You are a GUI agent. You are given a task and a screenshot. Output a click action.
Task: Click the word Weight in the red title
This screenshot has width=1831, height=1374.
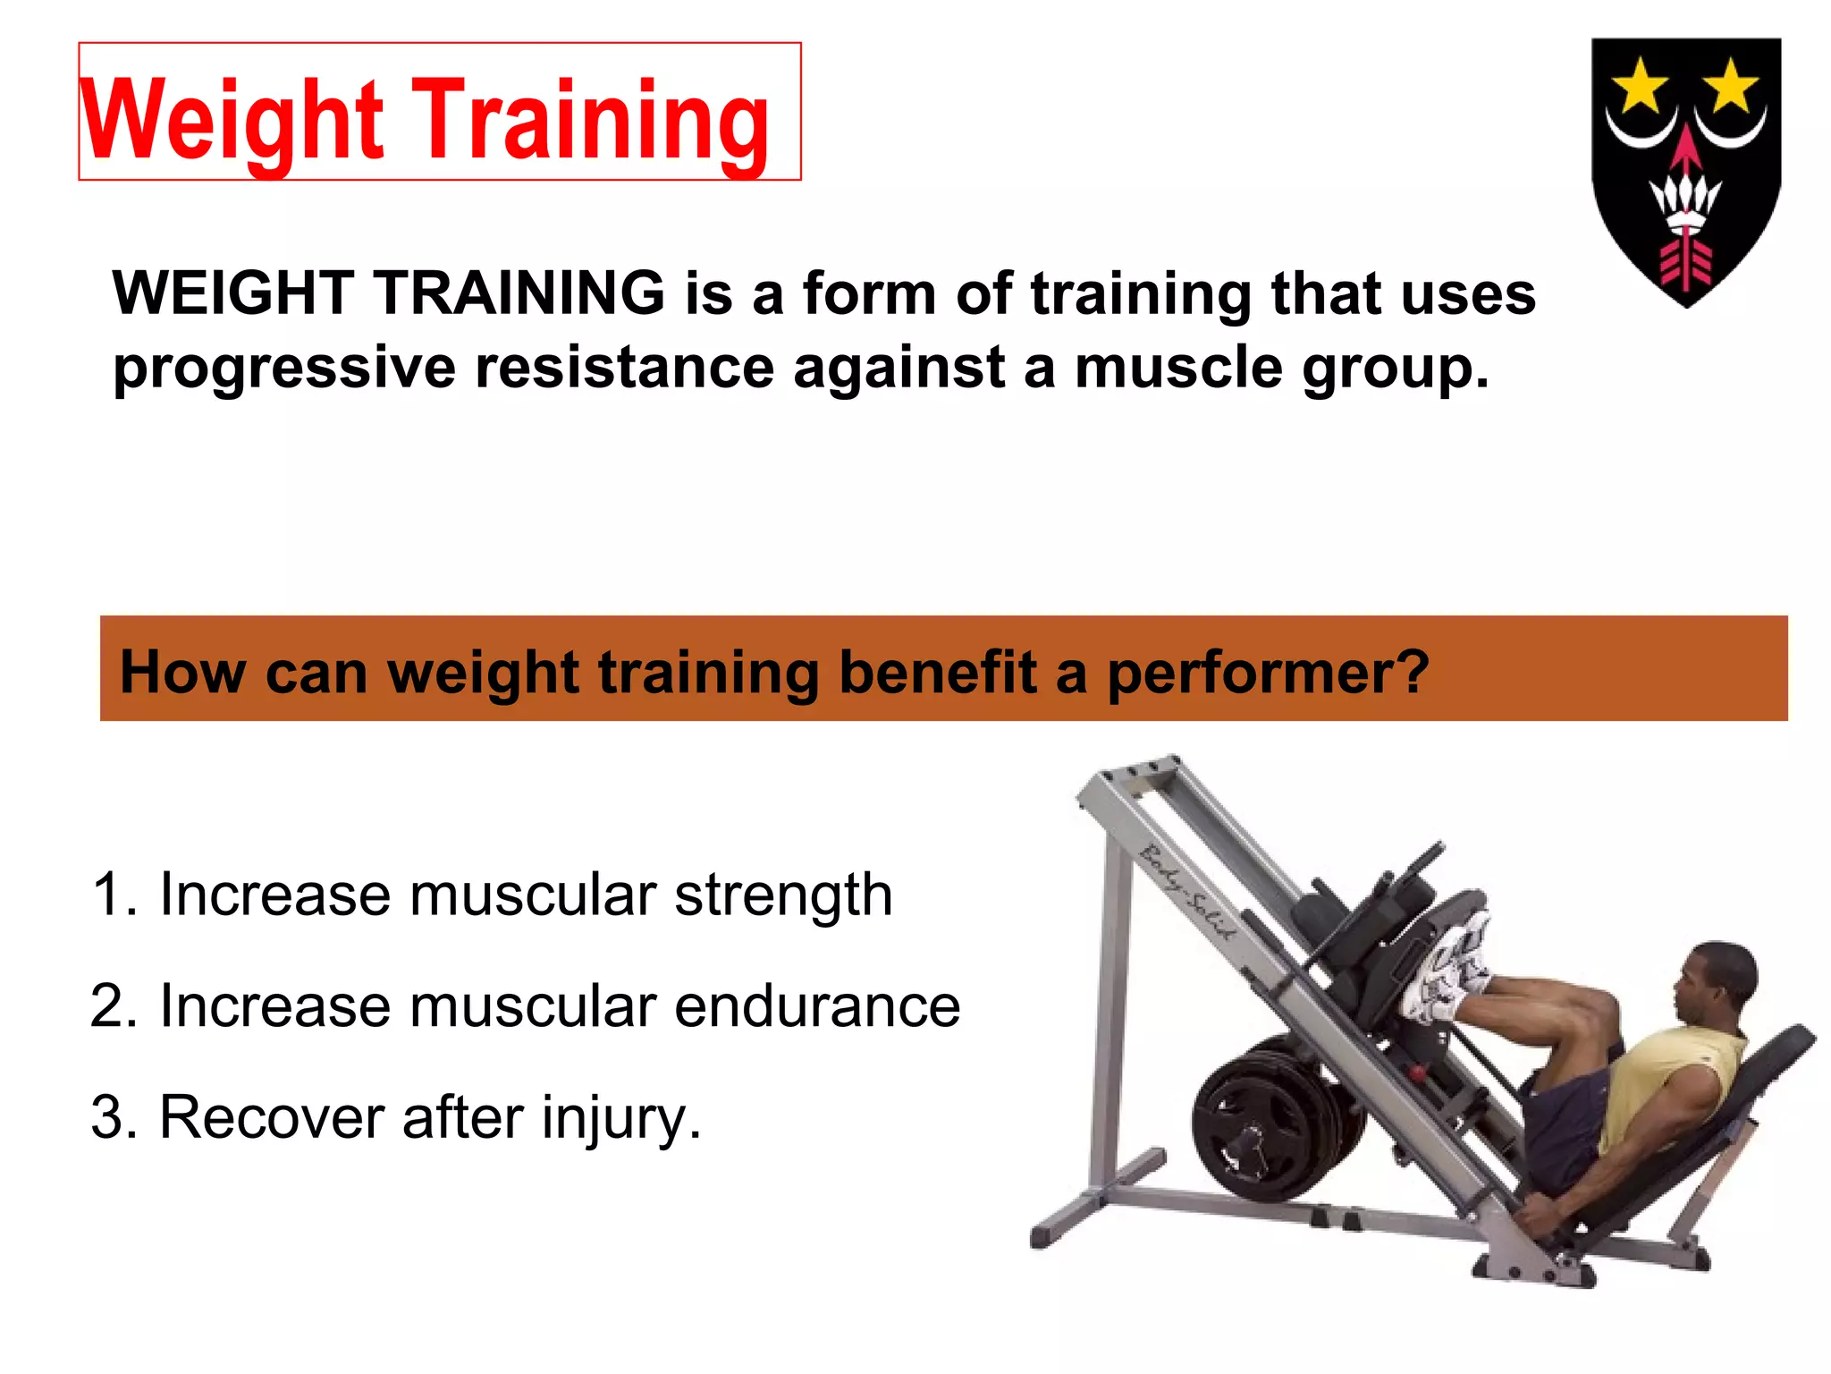[x=232, y=121]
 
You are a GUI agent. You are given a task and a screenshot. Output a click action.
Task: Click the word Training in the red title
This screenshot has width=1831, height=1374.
[x=590, y=121]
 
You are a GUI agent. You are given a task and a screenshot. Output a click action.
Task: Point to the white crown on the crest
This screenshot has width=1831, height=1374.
[x=1685, y=201]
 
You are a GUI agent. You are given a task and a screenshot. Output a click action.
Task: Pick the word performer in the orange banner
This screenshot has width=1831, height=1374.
[x=1267, y=673]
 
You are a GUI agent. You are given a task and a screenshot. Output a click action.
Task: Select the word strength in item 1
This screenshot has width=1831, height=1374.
[x=783, y=896]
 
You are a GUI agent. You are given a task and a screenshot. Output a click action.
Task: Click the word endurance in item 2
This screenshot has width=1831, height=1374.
[x=817, y=1006]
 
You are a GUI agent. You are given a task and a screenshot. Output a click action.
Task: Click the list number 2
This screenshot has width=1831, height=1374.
[x=112, y=1006]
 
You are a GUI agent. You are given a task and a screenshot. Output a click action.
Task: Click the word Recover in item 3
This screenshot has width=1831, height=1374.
[x=272, y=1118]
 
